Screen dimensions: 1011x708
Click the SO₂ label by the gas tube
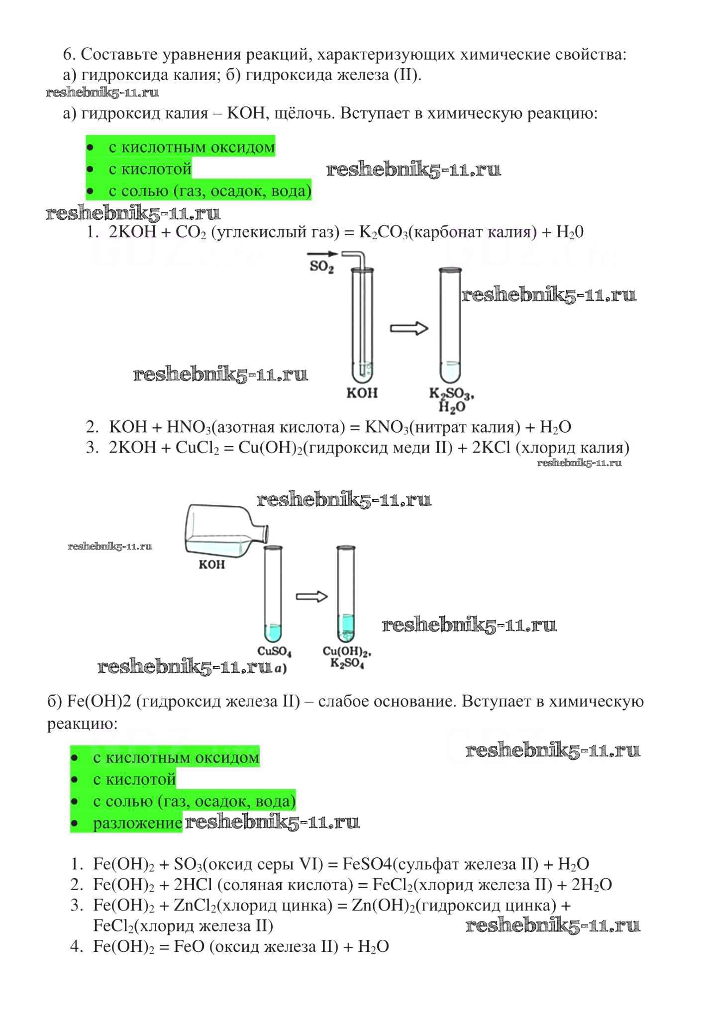(x=321, y=267)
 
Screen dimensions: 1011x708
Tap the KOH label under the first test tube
(x=362, y=393)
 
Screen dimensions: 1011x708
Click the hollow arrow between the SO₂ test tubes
(x=409, y=328)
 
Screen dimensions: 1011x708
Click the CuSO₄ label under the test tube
(x=274, y=651)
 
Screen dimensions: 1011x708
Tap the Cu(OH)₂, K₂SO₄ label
(x=347, y=657)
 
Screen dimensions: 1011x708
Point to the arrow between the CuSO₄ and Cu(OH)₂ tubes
(x=312, y=596)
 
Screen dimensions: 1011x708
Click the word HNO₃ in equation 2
(x=189, y=427)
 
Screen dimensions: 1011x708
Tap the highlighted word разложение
(x=137, y=823)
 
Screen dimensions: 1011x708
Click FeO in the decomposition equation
(x=189, y=946)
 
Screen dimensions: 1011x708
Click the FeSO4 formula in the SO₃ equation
(x=367, y=864)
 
